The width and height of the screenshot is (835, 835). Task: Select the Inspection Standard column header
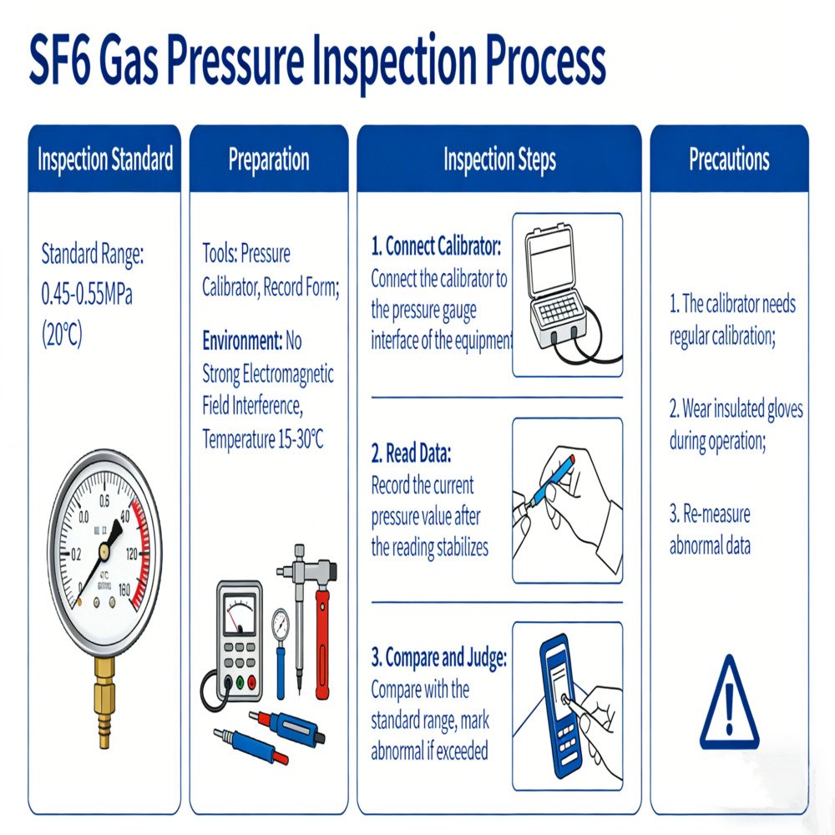(x=105, y=159)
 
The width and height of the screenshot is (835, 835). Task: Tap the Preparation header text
(x=269, y=159)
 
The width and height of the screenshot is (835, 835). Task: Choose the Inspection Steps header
(x=499, y=159)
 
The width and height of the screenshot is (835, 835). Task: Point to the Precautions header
(x=729, y=159)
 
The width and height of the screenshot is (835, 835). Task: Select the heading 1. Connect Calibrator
(x=436, y=248)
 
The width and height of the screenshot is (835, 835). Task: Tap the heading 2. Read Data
(x=411, y=454)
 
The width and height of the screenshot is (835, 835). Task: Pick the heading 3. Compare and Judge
(x=438, y=658)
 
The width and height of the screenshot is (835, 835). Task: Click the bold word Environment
(x=241, y=341)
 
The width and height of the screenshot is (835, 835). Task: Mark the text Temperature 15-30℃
(x=262, y=439)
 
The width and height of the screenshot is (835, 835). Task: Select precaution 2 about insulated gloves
(x=736, y=425)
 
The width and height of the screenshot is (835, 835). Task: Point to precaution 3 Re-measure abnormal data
(x=711, y=530)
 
